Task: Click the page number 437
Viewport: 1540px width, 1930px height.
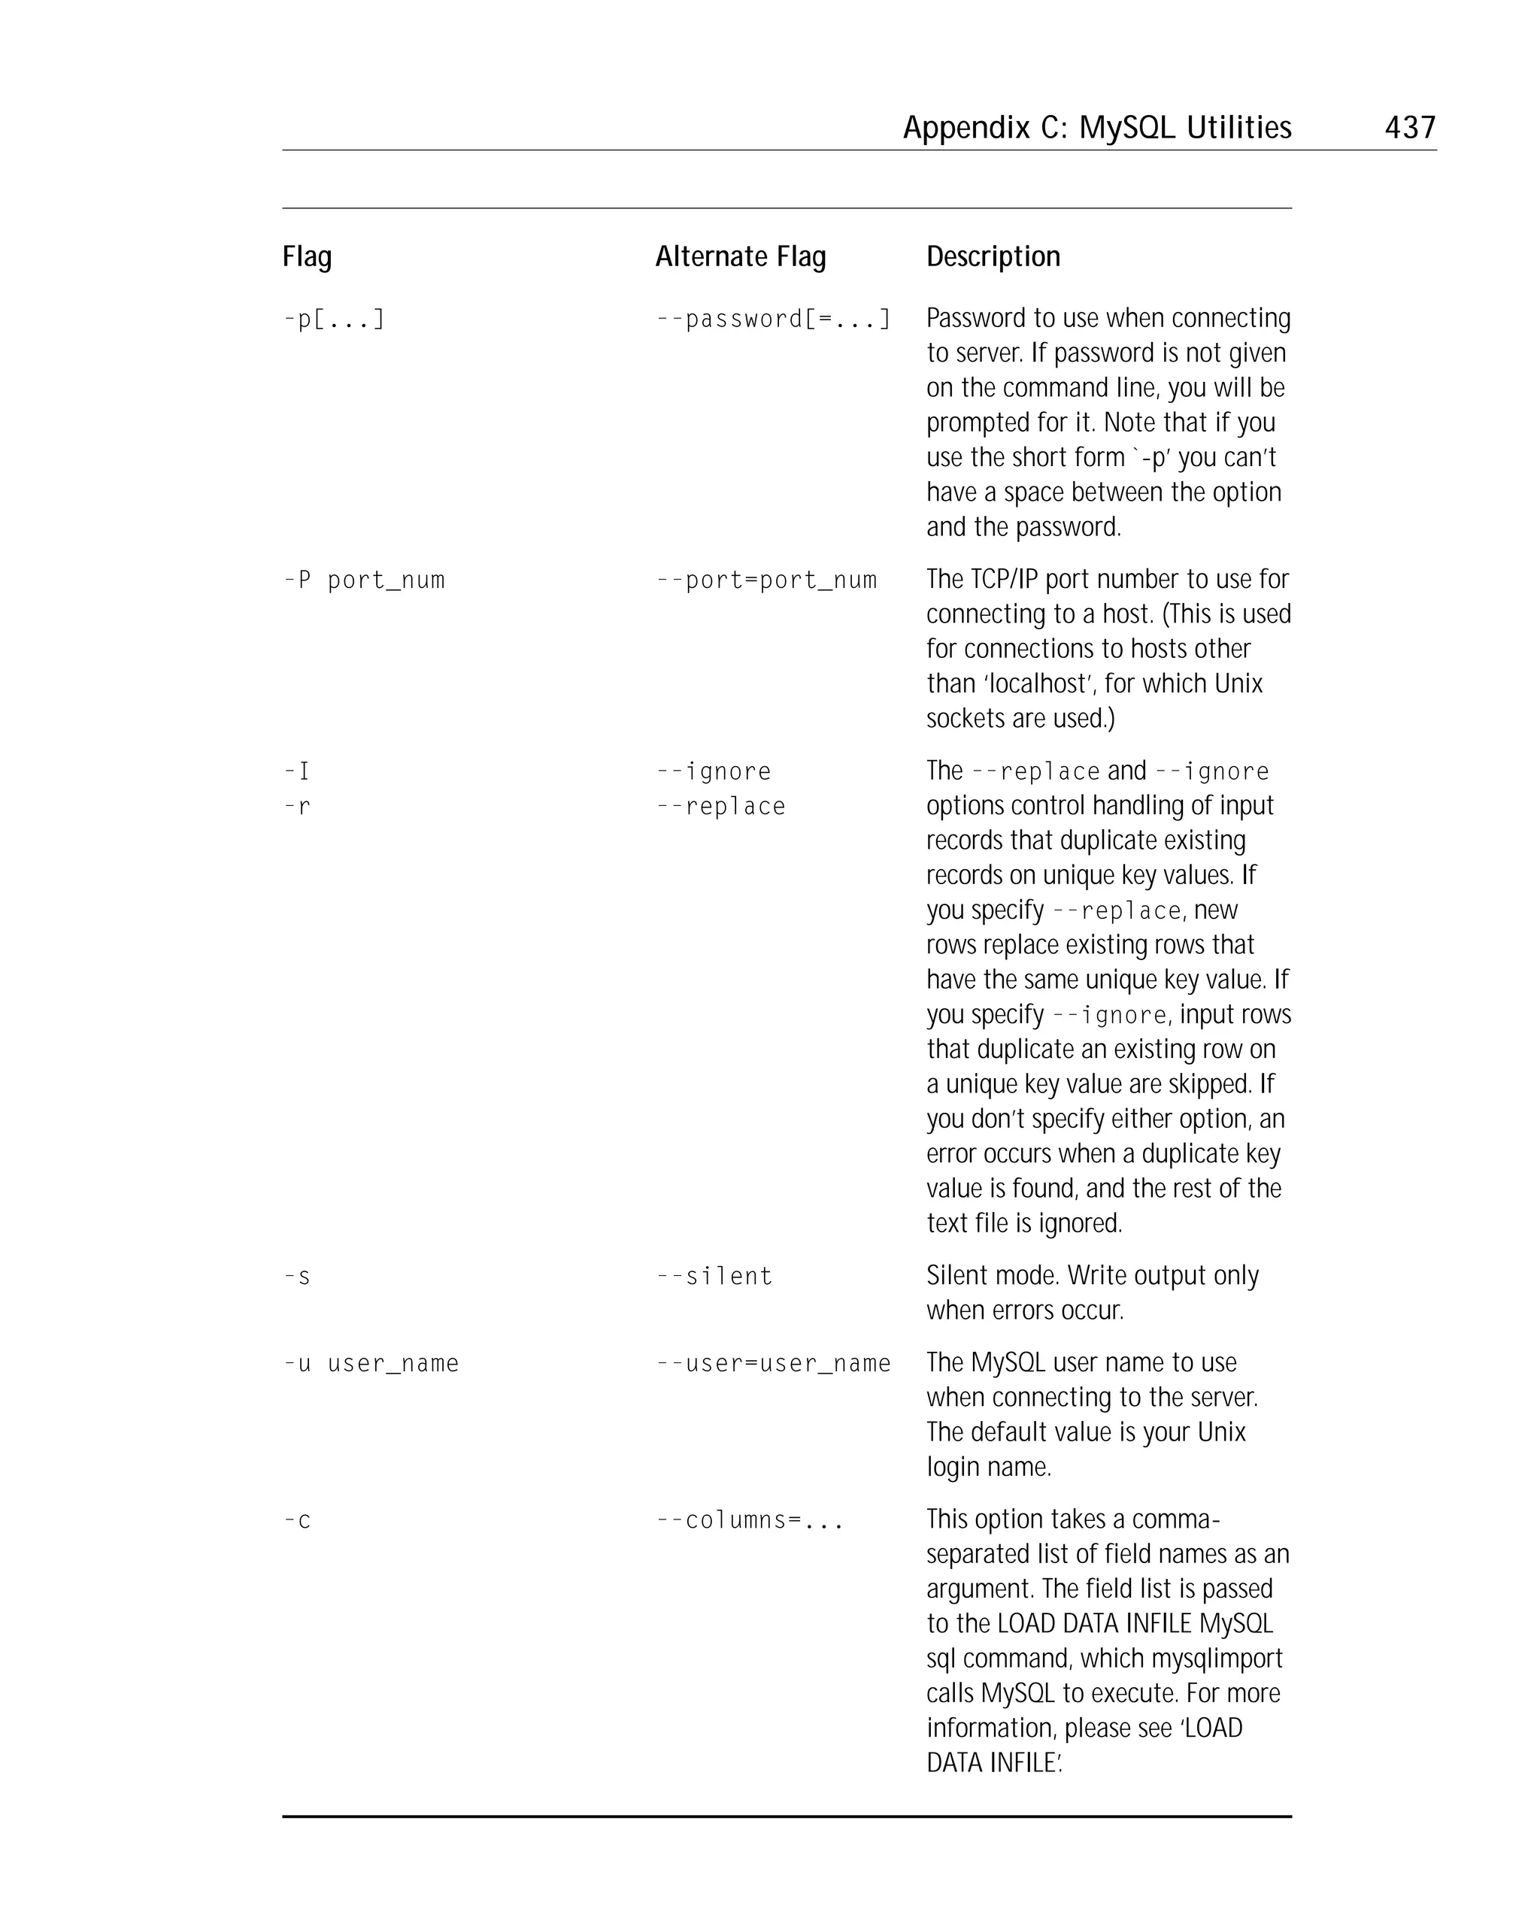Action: (x=1409, y=127)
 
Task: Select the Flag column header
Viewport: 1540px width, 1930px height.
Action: (x=307, y=257)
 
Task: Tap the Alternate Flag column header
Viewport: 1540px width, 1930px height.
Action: (x=740, y=257)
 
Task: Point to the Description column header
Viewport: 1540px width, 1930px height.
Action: (x=992, y=257)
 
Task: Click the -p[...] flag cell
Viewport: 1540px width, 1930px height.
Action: (x=334, y=320)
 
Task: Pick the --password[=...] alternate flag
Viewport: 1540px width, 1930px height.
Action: (x=773, y=320)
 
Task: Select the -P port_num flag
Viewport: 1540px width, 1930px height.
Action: (x=363, y=581)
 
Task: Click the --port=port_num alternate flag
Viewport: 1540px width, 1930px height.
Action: (x=765, y=581)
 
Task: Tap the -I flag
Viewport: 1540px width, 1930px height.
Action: (x=296, y=771)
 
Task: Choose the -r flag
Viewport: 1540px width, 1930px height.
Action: (x=296, y=807)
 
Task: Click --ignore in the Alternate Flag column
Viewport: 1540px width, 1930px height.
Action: (x=713, y=771)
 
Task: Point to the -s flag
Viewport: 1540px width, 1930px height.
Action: (x=296, y=1277)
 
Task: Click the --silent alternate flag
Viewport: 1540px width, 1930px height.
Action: (x=714, y=1277)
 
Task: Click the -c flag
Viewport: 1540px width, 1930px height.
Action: (x=296, y=1521)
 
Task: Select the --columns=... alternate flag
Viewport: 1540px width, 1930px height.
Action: (x=750, y=1521)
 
